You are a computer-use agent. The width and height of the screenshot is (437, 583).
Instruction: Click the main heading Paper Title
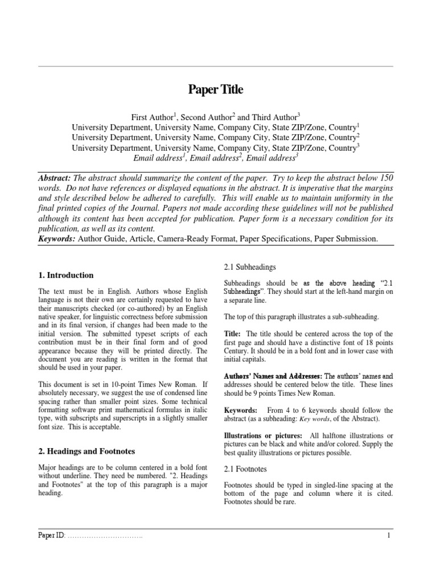[x=215, y=89]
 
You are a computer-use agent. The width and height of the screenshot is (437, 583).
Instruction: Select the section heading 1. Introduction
[x=65, y=275]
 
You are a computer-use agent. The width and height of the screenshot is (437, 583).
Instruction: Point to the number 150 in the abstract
[x=385, y=178]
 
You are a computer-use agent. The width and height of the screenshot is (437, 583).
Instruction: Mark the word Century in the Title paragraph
[x=238, y=351]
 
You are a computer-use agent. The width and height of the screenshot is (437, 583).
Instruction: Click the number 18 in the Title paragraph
[x=361, y=342]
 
